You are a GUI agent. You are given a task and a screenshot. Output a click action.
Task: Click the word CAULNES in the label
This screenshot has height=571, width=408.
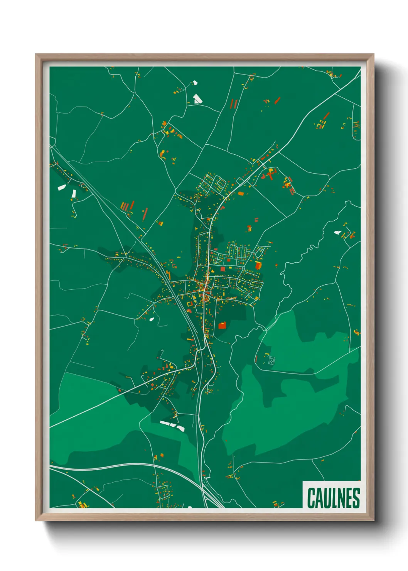334,498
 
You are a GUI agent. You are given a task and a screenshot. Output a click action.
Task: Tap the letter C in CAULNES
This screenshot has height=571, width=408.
311,498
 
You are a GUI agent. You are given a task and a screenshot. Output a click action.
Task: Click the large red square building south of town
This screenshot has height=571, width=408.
222,325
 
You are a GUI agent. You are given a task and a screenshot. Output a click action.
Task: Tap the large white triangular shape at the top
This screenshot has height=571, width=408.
197,99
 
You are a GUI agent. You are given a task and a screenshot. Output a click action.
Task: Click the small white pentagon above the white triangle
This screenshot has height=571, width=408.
195,82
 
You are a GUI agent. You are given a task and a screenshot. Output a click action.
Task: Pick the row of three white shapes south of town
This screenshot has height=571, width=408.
172,425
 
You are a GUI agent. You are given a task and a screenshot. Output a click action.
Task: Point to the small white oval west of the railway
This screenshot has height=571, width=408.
152,319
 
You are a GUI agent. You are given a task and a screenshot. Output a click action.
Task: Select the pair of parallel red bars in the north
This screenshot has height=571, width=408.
234,104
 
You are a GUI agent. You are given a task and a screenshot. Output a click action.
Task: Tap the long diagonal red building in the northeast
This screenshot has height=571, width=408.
326,116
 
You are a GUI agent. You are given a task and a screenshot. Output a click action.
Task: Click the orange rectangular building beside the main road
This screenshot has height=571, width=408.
241,194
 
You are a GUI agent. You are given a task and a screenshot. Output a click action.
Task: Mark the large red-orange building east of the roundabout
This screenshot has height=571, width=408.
258,265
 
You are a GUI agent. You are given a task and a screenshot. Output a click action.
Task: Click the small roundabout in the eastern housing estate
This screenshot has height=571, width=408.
244,267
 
